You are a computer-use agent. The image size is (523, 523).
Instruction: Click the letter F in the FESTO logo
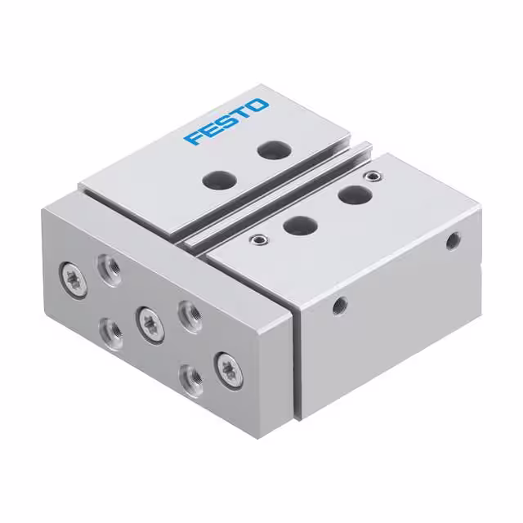point(192,136)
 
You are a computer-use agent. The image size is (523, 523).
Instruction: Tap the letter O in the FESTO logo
point(257,105)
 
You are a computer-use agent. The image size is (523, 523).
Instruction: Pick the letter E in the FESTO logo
point(209,128)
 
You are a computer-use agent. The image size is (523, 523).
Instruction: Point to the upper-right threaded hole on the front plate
point(190,312)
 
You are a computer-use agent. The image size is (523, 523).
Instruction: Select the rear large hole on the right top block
point(354,194)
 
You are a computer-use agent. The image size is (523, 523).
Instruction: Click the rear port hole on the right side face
point(453,241)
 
